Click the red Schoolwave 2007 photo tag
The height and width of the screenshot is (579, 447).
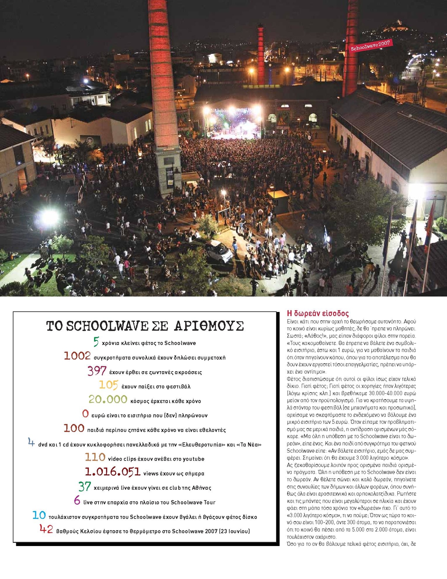(x=370, y=46)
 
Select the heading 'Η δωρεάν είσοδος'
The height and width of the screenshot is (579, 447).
(x=318, y=313)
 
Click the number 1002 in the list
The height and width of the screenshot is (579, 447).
(x=77, y=356)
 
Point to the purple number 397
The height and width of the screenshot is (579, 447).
(x=97, y=371)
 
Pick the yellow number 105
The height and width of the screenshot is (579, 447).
(x=109, y=385)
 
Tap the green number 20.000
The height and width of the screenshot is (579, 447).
(x=108, y=400)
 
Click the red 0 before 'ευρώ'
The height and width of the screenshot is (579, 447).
(x=85, y=414)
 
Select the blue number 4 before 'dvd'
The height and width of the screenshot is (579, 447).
(x=32, y=442)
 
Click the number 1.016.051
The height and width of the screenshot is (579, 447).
(x=112, y=472)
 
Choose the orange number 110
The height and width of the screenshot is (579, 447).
(x=95, y=457)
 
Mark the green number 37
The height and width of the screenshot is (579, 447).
(x=84, y=486)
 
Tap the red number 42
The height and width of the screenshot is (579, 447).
(x=46, y=529)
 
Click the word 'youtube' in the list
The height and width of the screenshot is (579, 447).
(x=193, y=459)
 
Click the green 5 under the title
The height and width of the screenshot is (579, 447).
(x=96, y=342)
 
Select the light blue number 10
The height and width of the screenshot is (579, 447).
(x=39, y=515)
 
